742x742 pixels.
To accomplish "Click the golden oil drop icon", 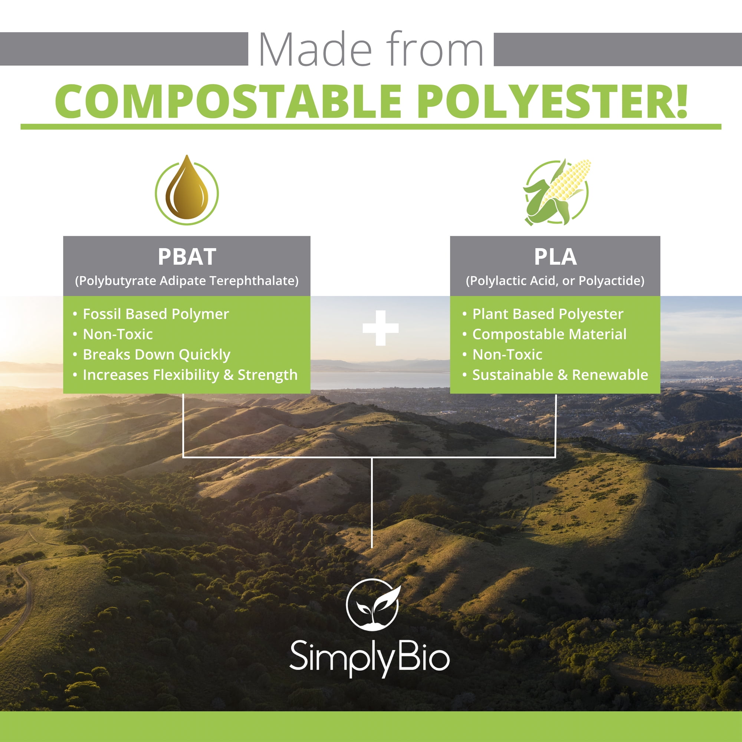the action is click(187, 190).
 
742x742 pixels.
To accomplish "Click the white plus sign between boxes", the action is click(381, 328).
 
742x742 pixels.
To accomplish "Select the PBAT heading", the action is click(187, 257).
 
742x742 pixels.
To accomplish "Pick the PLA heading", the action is click(555, 257).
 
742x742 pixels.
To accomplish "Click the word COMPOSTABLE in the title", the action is click(229, 101).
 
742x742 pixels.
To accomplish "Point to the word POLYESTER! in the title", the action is click(552, 101).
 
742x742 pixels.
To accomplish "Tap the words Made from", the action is click(371, 49).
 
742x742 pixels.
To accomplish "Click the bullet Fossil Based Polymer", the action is click(155, 314).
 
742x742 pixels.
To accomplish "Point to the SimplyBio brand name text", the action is click(370, 657).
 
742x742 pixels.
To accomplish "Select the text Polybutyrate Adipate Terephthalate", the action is click(187, 281).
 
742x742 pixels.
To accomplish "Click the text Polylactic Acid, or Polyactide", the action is click(555, 281).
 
